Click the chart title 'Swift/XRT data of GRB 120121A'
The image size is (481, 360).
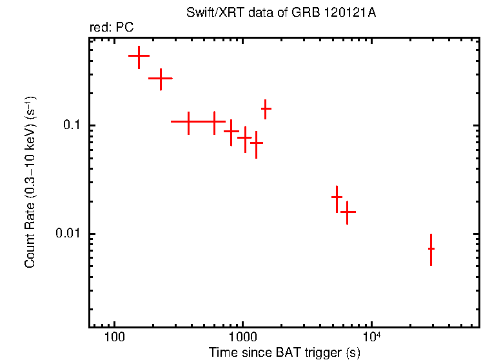(284, 13)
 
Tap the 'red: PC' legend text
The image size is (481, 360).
(112, 28)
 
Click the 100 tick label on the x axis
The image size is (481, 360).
(114, 337)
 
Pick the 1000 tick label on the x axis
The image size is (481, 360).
(242, 337)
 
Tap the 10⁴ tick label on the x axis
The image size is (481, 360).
(371, 336)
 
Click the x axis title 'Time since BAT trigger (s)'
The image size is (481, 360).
(284, 352)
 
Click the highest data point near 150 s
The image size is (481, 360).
(139, 57)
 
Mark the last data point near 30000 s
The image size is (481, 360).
(431, 248)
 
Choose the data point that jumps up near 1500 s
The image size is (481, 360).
(265, 109)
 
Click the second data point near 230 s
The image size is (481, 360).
(161, 78)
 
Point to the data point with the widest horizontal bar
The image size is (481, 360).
(188, 121)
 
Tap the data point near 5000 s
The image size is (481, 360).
(337, 197)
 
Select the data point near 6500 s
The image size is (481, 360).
(348, 212)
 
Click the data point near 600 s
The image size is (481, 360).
(214, 121)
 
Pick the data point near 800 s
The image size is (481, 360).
(231, 131)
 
